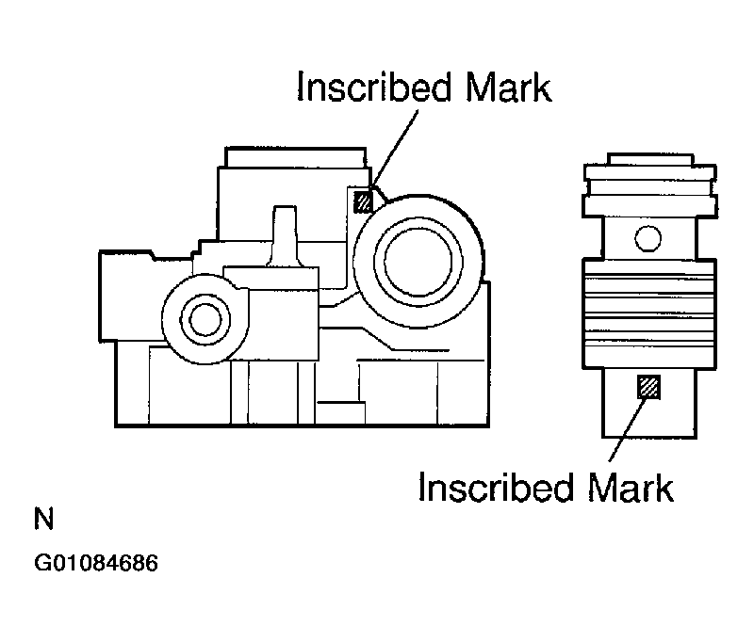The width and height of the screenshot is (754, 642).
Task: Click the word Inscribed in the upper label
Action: [x=374, y=87]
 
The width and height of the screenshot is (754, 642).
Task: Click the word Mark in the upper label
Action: [x=509, y=87]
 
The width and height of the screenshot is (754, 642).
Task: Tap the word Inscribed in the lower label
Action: [x=496, y=487]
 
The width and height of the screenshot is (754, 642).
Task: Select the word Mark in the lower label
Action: [x=631, y=487]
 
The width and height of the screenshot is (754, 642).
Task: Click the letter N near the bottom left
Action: [x=43, y=518]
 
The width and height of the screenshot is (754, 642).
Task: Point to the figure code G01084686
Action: [x=96, y=563]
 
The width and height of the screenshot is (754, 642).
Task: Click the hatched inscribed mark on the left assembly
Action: [x=363, y=201]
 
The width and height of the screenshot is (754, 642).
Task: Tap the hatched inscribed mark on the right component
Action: [x=648, y=387]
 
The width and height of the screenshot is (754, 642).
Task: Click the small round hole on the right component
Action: [x=647, y=238]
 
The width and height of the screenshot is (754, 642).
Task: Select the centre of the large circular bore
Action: [x=418, y=262]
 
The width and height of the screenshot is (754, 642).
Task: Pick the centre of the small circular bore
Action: [x=205, y=319]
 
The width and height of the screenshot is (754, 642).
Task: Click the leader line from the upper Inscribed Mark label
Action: [x=394, y=149]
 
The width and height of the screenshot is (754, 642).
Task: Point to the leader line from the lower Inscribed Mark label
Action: [x=628, y=430]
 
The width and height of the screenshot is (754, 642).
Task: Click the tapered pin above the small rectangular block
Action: [x=285, y=235]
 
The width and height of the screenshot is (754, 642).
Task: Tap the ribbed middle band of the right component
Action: [x=649, y=314]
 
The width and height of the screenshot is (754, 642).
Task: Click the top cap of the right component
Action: [x=650, y=159]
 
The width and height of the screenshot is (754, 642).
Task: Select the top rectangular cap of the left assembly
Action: [x=296, y=157]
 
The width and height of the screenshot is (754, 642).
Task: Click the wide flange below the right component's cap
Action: [x=650, y=205]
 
